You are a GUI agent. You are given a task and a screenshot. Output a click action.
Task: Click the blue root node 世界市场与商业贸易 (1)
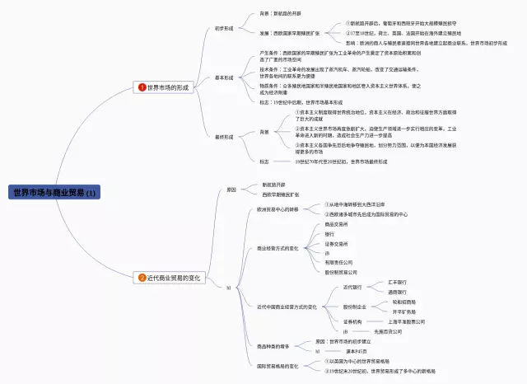point(54,193)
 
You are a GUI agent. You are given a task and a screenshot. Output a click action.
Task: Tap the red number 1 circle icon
point(142,87)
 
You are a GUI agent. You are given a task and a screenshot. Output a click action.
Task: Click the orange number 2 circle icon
point(142,279)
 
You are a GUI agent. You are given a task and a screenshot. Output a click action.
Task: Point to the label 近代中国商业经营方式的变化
point(287,307)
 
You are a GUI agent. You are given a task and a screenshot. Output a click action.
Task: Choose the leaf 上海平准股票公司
point(408,321)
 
